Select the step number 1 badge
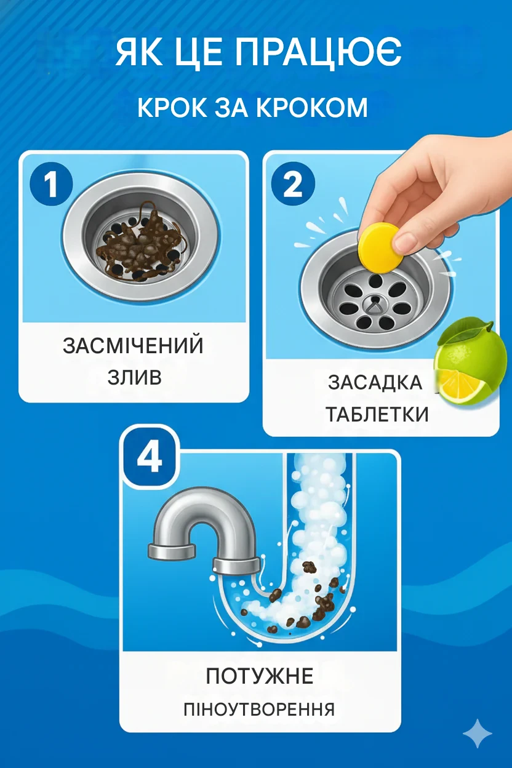[x=52, y=185]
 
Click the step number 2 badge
[x=294, y=185]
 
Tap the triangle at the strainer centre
[x=375, y=304]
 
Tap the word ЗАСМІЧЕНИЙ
[x=134, y=345]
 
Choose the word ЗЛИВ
[x=134, y=377]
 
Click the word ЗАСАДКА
[x=375, y=382]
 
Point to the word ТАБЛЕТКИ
[x=377, y=414]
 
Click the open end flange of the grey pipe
[x=172, y=551]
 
